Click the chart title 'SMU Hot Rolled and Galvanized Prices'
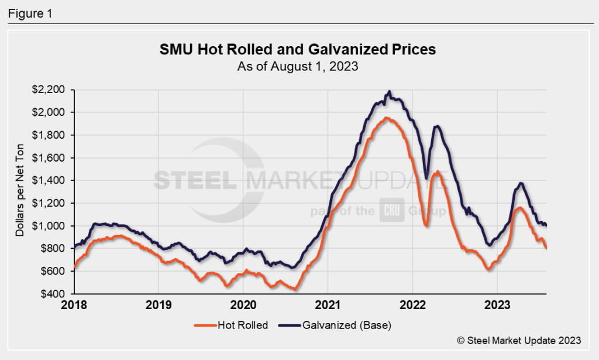tap(298, 50)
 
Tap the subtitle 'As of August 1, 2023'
tap(298, 66)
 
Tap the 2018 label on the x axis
tap(74, 306)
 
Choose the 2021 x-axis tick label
tap(328, 306)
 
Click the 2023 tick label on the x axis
tap(497, 306)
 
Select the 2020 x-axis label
tap(243, 306)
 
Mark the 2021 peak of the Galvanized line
tap(390, 92)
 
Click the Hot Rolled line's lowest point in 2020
tap(296, 289)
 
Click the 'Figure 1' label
tap(30, 13)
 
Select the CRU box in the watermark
tap(390, 210)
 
